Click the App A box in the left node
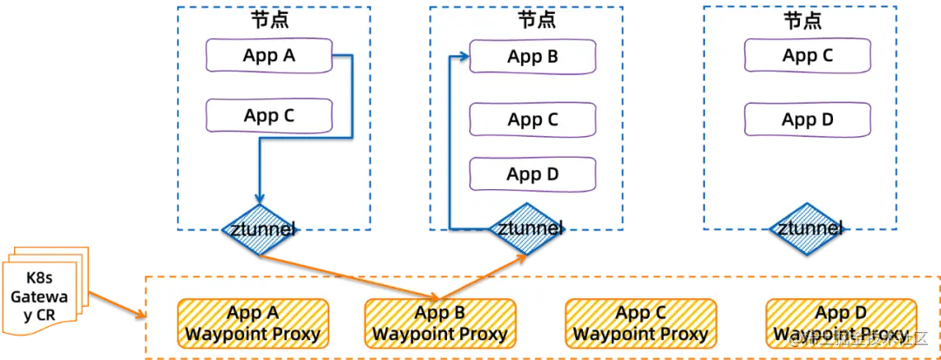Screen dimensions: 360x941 (x=269, y=57)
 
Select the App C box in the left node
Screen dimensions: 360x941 (x=269, y=115)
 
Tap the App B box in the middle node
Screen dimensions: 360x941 (x=532, y=58)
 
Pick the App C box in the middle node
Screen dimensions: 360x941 (x=532, y=119)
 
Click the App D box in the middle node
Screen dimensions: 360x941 (x=532, y=174)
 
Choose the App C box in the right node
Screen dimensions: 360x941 (x=808, y=56)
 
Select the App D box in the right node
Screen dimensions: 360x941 (x=808, y=119)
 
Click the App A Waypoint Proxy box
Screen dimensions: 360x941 (x=253, y=323)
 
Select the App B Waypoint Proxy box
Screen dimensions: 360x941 (x=440, y=323)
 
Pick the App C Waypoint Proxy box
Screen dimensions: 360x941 (x=640, y=323)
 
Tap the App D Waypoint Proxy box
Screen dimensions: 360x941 (x=840, y=323)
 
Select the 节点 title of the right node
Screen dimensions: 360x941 (x=802, y=19)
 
